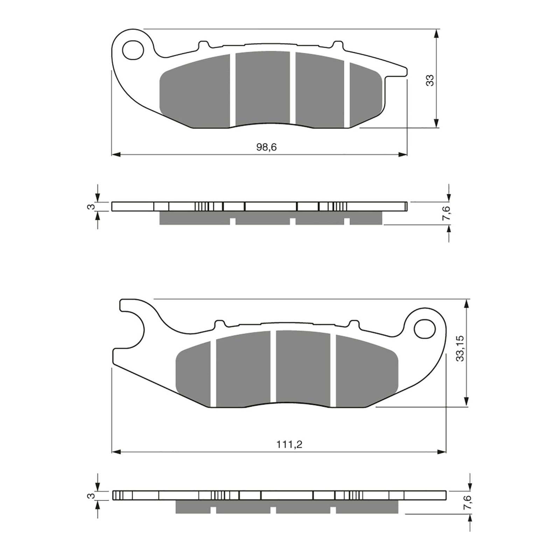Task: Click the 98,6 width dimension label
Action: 266,147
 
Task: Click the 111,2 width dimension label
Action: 289,445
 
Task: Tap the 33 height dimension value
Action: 430,80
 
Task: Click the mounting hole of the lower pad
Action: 424,329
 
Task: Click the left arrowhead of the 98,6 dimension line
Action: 115,154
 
